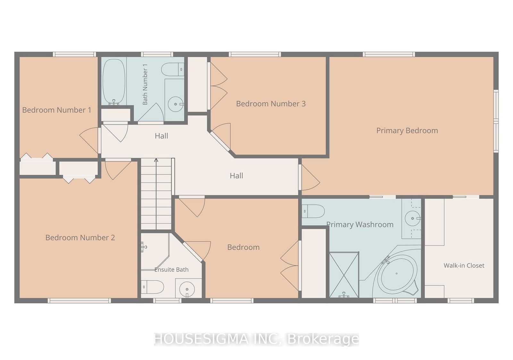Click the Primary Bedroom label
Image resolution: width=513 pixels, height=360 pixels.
pos(407,131)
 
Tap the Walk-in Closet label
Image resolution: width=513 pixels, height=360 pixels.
pos(464,266)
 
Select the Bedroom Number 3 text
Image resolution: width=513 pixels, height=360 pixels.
pos(271,104)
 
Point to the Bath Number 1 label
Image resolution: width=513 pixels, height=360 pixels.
pos(145,84)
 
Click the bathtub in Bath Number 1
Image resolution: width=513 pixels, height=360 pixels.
pos(114,82)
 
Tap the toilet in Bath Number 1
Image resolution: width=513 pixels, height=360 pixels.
pos(173,69)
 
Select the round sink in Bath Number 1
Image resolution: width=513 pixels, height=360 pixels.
pos(176,104)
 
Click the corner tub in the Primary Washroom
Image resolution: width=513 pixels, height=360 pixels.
pos(397,273)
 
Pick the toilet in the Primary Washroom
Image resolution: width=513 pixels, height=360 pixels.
pos(313,211)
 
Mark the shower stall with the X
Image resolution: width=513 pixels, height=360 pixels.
pos(344,275)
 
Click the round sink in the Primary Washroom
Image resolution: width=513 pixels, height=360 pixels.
pos(413,219)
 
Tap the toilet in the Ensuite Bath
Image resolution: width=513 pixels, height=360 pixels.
pos(153,287)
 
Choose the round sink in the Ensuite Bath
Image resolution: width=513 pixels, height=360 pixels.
pos(187,289)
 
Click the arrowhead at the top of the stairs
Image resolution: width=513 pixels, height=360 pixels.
pos(156,160)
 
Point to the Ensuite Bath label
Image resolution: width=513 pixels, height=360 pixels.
pos(172,270)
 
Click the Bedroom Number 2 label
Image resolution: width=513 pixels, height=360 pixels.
pos(80,238)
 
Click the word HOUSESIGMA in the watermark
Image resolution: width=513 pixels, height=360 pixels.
pos(201,339)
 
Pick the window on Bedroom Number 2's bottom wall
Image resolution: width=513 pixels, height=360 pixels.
pos(79,301)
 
